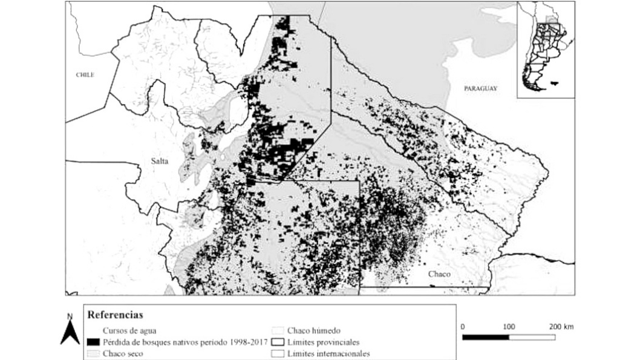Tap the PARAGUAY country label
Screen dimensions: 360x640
click(x=480, y=88)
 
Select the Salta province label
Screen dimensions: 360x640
click(x=160, y=161)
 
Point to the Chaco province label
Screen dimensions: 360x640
click(x=439, y=274)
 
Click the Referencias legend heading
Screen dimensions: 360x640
click(x=115, y=315)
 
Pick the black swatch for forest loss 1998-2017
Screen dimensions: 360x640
click(x=94, y=342)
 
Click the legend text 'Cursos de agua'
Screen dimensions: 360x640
click(x=128, y=330)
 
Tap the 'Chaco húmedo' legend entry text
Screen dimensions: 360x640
click(x=314, y=330)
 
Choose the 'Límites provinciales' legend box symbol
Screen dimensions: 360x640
click(x=278, y=342)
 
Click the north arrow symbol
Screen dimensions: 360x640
click(x=70, y=333)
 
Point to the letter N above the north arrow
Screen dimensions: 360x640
click(x=70, y=316)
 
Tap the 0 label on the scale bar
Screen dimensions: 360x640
click(x=463, y=327)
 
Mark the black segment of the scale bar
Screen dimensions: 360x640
click(x=486, y=336)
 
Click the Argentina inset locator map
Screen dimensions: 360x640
click(x=545, y=48)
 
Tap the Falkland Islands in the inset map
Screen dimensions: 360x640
click(x=555, y=84)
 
